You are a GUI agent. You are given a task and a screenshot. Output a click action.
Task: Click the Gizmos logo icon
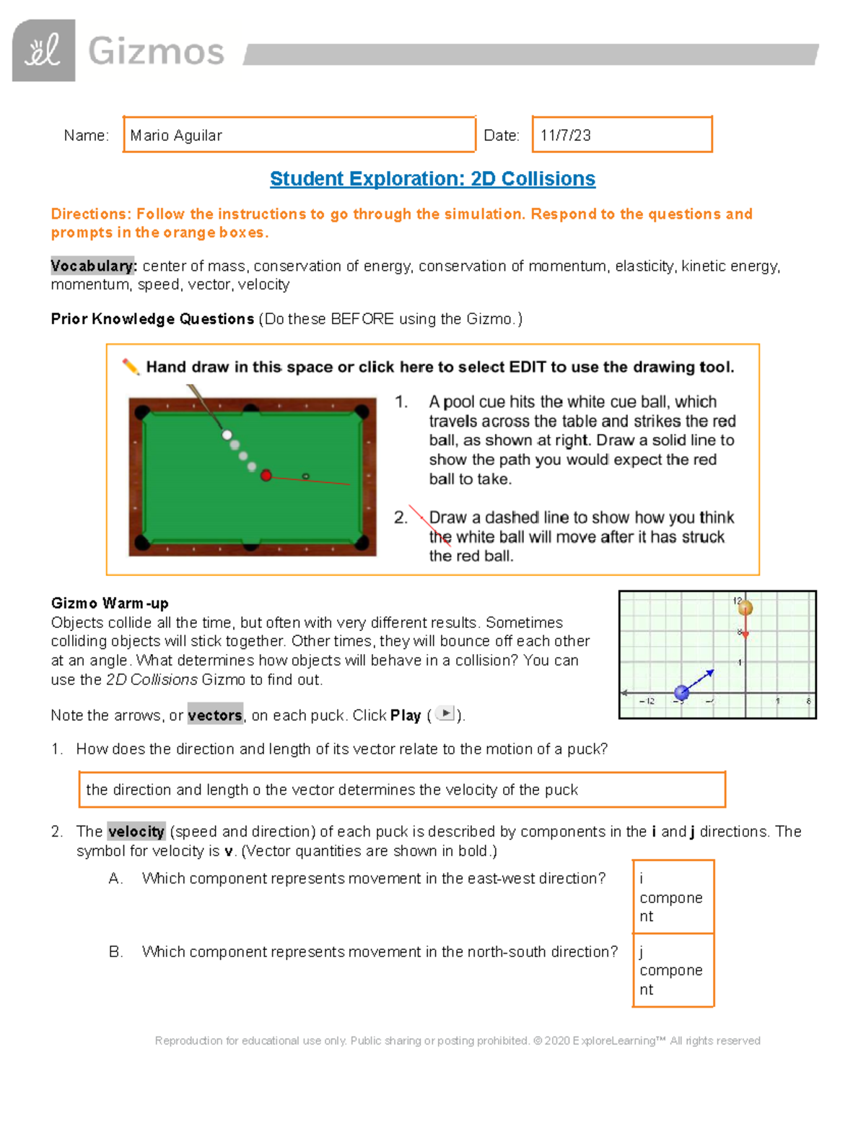point(43,51)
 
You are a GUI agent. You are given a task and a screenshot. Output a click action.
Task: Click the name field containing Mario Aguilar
point(299,135)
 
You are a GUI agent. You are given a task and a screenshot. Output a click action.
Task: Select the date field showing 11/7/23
point(621,135)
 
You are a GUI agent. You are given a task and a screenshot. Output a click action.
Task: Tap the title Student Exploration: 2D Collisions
point(432,179)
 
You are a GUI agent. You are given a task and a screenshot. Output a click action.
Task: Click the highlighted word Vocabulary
point(93,266)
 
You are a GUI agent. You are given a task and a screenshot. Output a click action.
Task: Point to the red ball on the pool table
point(266,475)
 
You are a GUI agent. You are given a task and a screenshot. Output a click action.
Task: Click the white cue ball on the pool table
point(227,435)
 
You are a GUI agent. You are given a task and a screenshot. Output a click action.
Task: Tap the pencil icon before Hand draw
point(131,367)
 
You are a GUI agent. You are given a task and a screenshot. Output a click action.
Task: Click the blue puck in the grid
point(681,693)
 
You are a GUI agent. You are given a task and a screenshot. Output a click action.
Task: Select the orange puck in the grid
point(745,608)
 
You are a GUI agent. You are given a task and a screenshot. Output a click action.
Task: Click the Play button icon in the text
point(446,714)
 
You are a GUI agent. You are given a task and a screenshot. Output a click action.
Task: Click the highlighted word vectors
point(215,715)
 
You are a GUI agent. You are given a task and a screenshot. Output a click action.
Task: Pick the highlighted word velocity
point(136,832)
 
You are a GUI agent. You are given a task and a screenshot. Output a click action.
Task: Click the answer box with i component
point(673,897)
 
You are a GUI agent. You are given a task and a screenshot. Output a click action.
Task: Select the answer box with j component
point(673,971)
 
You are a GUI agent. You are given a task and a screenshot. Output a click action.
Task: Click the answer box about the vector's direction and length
point(401,790)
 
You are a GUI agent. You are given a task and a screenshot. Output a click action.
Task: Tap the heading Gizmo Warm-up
point(110,603)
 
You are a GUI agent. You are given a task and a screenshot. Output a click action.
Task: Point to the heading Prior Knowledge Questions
point(152,319)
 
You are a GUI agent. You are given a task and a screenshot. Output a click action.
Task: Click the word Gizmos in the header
point(156,52)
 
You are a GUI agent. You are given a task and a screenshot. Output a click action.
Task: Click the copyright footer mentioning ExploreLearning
point(458,1040)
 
